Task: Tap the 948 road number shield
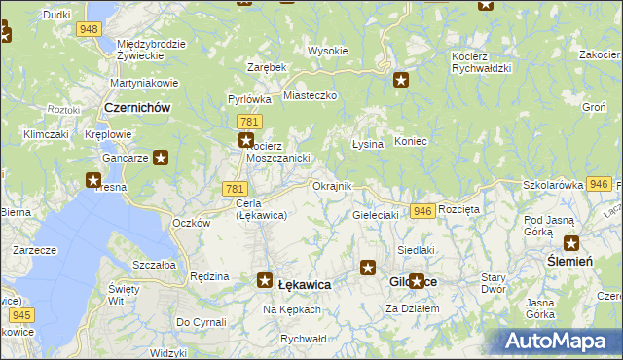[90, 29]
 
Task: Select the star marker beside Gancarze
[161, 156]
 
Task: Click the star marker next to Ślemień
[570, 244]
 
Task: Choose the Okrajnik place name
[330, 186]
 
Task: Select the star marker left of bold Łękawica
[264, 281]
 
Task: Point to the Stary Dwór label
[494, 283]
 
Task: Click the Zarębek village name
[267, 67]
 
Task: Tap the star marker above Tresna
[93, 179]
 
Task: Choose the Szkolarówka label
[553, 184]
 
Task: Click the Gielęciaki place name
[376, 215]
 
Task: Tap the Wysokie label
[328, 51]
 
